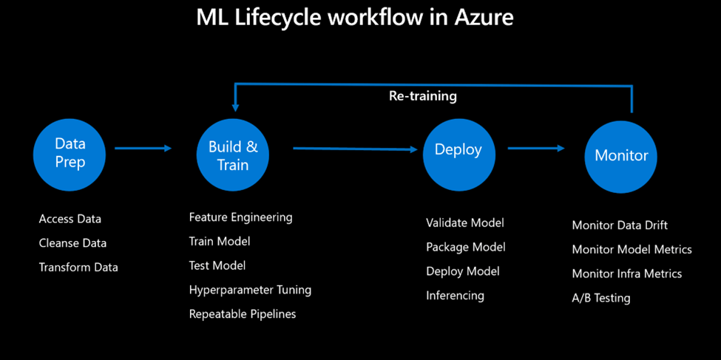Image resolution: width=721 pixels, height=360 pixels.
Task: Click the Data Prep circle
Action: coord(70,153)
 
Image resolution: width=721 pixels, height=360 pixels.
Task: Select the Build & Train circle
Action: coord(233,155)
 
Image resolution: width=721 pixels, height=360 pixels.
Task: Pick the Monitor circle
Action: coord(621,155)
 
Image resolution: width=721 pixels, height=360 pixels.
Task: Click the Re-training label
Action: coord(423,96)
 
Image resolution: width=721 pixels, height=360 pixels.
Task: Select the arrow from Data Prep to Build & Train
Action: coord(143,148)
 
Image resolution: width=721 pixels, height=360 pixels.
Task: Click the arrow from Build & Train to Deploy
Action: coord(355,149)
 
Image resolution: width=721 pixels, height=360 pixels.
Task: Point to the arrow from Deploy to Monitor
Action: coord(536,148)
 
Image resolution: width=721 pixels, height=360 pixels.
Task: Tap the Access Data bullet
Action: coord(70,219)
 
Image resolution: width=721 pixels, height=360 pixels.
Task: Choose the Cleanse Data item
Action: coord(72,243)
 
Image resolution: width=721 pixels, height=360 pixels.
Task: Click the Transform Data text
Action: coord(78,267)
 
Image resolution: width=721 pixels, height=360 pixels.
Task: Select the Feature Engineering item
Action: coord(240,217)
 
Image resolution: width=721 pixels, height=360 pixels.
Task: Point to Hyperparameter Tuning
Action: coord(250,290)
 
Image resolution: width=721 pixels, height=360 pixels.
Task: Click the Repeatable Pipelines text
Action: coord(243,314)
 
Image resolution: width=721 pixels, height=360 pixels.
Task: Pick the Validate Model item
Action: coord(465,223)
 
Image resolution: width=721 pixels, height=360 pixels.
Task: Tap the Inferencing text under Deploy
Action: coord(455,296)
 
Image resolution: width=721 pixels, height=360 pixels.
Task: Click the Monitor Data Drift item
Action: coord(620,225)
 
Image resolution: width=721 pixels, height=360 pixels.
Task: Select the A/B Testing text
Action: coord(601,298)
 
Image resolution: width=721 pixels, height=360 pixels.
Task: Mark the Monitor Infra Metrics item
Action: coord(627,274)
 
